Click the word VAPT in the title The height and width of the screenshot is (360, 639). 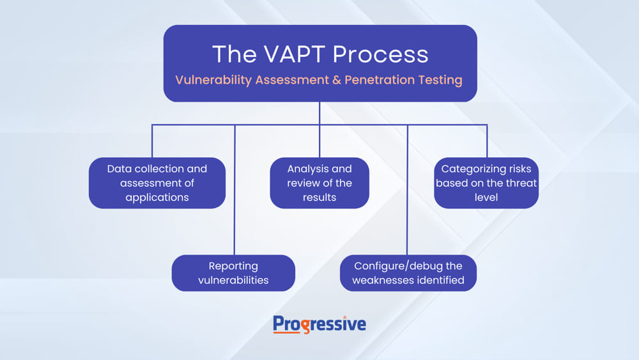point(295,54)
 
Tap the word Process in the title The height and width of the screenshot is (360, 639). point(381,54)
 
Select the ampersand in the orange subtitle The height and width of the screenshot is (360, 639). point(337,80)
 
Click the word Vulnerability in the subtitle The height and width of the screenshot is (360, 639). point(213,80)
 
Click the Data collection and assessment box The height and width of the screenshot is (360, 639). point(157,183)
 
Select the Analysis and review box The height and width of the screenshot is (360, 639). point(319,183)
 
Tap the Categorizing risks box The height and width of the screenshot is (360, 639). point(486,183)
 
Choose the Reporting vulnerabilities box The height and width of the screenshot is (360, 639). point(233,273)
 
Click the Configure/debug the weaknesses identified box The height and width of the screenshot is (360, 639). point(408,273)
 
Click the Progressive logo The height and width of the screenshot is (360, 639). point(319,325)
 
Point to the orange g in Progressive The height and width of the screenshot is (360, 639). point(305,326)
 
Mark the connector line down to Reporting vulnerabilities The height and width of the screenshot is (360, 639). point(235,190)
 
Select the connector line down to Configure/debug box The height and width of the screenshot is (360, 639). point(407,190)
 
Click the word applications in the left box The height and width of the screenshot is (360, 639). point(157,198)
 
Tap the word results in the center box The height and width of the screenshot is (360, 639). point(319,198)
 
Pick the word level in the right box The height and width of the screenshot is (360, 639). point(486,198)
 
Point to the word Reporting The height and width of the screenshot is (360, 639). point(233,267)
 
